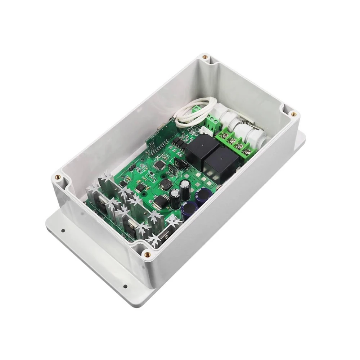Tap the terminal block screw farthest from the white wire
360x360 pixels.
click(x=248, y=152)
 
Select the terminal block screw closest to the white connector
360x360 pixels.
click(x=225, y=136)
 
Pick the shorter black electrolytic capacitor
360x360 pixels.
click(x=175, y=198)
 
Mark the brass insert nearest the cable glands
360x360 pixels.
click(x=294, y=114)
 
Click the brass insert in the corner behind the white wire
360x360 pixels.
click(x=205, y=57)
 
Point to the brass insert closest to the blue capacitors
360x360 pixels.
click(x=147, y=254)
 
